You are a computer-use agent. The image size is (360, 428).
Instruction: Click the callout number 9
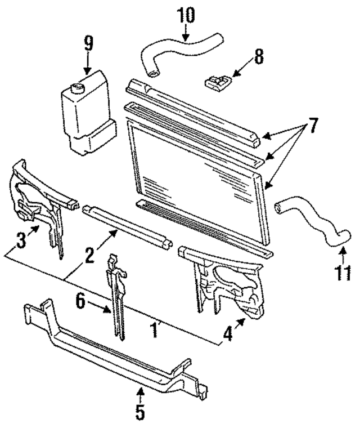click(x=88, y=44)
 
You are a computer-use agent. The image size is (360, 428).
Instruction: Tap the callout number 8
click(x=258, y=56)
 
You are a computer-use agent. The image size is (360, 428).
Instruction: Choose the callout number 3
click(x=20, y=242)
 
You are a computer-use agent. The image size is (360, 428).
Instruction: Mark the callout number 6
click(x=81, y=302)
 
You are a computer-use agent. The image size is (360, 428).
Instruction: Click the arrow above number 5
click(x=140, y=391)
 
